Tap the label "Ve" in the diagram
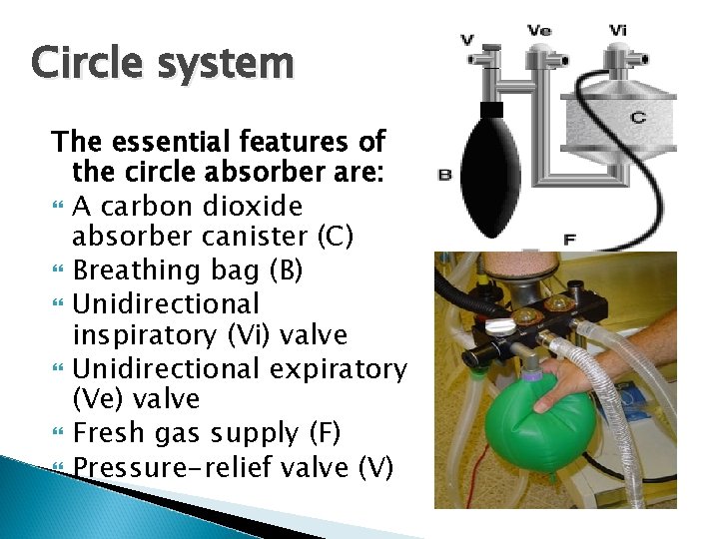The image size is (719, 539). tap(539, 30)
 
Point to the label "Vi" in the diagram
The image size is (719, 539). tap(619, 30)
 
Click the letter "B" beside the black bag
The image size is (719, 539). tap(445, 176)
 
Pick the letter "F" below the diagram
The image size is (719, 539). tap(570, 239)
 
